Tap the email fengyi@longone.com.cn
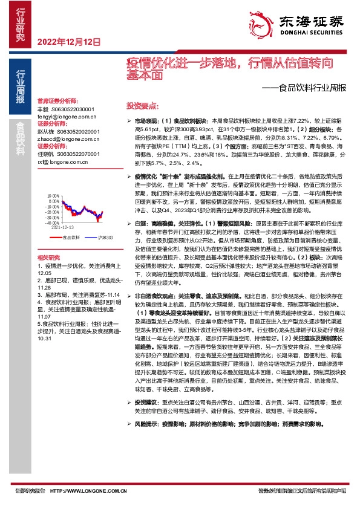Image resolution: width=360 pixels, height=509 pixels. [x=64, y=114]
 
